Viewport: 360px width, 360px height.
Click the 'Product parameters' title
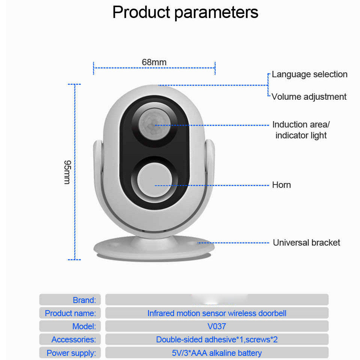pyautogui.click(x=185, y=12)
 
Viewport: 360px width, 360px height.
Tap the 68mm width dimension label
pyautogui.click(x=154, y=62)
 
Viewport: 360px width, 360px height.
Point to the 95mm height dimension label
pyautogui.click(x=67, y=172)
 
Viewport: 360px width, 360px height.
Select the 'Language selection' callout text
pyautogui.click(x=309, y=74)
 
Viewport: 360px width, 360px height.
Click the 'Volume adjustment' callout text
pyautogui.click(x=309, y=97)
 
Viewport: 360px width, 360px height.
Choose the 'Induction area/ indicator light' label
pyautogui.click(x=301, y=130)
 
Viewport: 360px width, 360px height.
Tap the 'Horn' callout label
pyautogui.click(x=281, y=185)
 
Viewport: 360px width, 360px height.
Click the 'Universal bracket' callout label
pyautogui.click(x=306, y=243)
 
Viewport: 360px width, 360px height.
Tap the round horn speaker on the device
pyautogui.click(x=154, y=180)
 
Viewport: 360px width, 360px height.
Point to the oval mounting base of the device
pyautogui.click(x=154, y=249)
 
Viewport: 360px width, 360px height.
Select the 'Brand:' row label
pyautogui.click(x=84, y=300)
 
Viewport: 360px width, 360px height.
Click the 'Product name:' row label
pyautogui.click(x=70, y=313)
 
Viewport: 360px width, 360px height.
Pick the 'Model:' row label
pyautogui.click(x=84, y=326)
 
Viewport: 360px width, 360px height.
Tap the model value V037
pyautogui.click(x=217, y=326)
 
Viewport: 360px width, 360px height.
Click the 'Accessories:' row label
pyautogui.click(x=73, y=339)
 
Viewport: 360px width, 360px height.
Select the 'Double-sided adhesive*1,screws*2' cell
pyautogui.click(x=217, y=339)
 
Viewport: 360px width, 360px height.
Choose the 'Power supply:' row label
pyautogui.click(x=71, y=353)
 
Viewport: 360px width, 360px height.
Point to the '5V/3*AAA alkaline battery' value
pyautogui.click(x=217, y=353)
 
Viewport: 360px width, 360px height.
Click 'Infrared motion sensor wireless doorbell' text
pyautogui.click(x=217, y=313)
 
